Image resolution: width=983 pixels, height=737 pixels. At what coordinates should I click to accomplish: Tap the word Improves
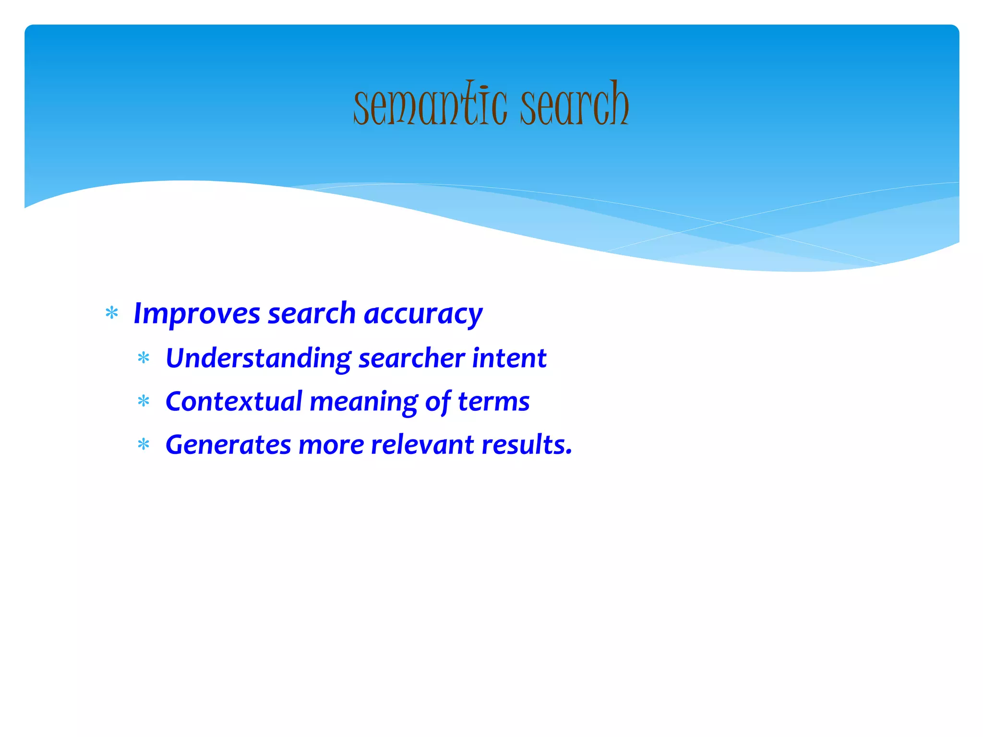[x=197, y=314]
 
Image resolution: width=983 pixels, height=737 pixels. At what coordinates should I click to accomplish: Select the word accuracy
[x=423, y=314]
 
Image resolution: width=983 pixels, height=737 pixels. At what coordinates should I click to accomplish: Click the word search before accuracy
[x=312, y=314]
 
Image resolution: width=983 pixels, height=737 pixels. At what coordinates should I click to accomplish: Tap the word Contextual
[x=234, y=402]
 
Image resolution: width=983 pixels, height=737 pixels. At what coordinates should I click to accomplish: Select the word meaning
[x=363, y=402]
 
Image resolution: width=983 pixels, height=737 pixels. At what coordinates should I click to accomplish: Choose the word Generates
[x=228, y=445]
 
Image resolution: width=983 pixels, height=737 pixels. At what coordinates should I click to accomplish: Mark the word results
[x=527, y=445]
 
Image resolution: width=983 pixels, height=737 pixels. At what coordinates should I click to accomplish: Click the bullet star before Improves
[x=112, y=313]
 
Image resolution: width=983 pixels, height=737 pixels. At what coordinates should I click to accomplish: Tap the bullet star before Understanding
[x=144, y=358]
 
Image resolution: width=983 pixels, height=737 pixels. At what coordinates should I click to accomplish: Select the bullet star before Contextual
[x=144, y=401]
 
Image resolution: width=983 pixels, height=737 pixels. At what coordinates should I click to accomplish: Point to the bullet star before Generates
[x=144, y=445]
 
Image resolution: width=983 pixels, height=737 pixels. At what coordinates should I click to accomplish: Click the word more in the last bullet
[x=331, y=445]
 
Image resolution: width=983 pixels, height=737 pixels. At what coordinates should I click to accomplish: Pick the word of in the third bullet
[x=437, y=402]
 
